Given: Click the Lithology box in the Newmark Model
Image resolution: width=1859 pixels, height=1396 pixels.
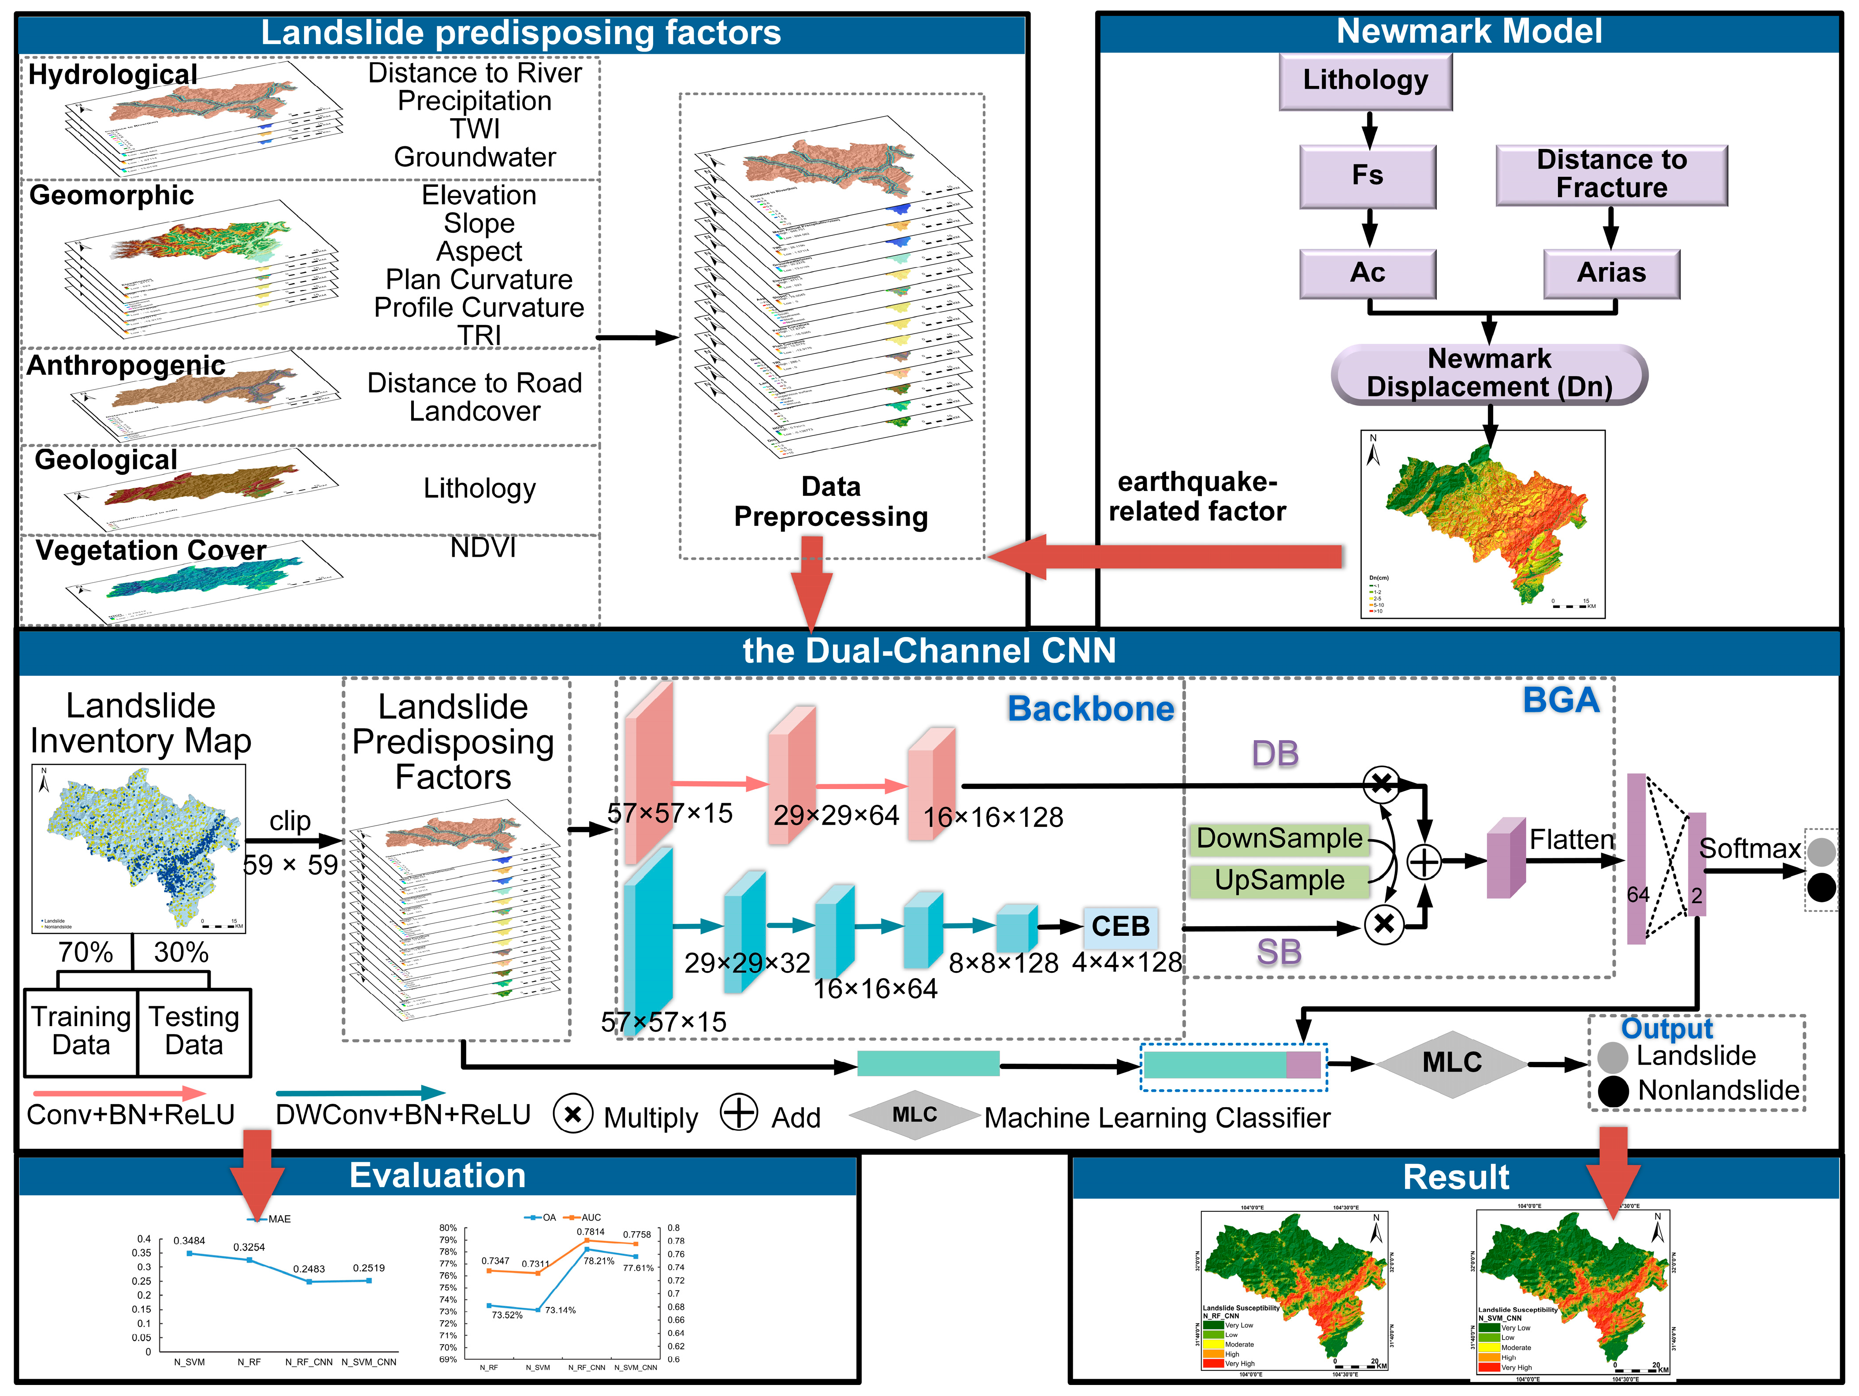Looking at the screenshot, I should tap(1366, 81).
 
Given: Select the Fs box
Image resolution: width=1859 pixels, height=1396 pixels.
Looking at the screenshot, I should tap(1367, 175).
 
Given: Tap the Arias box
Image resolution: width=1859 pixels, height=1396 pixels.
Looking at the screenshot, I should tap(1611, 273).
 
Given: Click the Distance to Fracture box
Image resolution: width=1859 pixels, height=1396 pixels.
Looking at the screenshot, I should tap(1611, 174).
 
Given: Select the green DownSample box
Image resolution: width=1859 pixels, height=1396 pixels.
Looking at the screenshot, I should tap(1279, 839).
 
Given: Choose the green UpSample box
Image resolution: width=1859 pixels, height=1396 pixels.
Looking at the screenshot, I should tap(1279, 880).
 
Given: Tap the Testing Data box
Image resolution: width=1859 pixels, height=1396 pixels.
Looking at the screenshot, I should tap(194, 1031).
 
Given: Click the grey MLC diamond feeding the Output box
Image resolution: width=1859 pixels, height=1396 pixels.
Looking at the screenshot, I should tap(1451, 1063).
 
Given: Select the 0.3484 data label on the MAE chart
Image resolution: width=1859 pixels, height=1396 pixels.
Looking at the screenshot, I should tap(189, 1240).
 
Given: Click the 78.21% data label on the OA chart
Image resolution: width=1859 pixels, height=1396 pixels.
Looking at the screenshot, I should tap(599, 1261).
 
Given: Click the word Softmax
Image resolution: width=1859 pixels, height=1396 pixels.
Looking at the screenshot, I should tap(1750, 849).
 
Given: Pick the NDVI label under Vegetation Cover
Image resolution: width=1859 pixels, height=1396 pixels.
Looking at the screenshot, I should tap(483, 548).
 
